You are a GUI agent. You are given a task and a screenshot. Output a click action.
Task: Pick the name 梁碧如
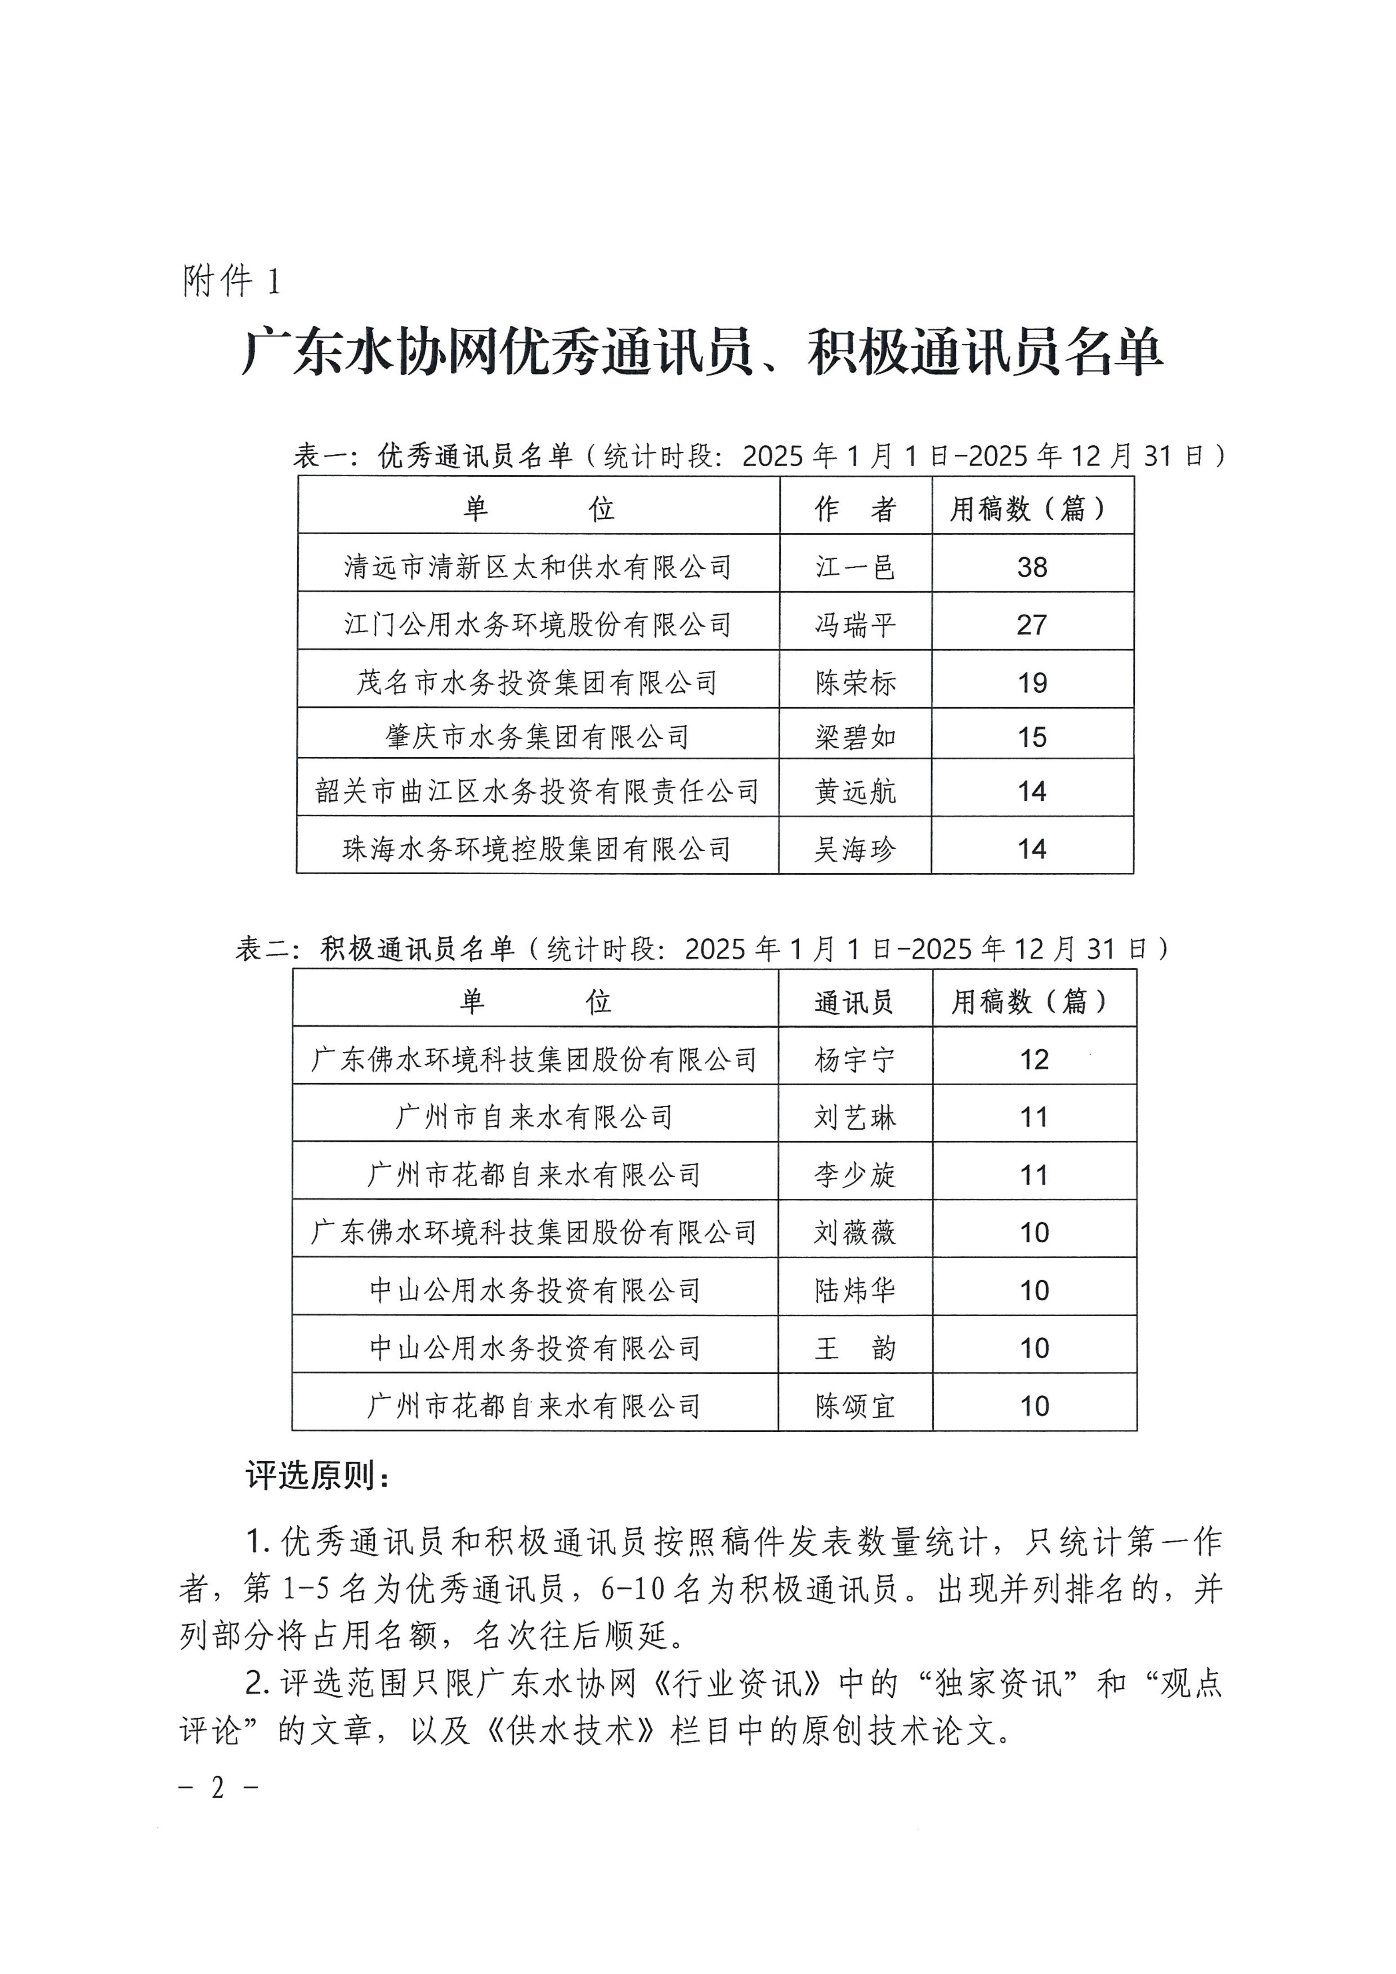click(x=855, y=737)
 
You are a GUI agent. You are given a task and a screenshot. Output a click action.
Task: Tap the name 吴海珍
click(x=855, y=850)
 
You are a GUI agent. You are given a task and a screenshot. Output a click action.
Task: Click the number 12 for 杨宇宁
click(x=1034, y=1059)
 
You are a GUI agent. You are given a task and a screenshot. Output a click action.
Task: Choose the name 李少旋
click(x=855, y=1175)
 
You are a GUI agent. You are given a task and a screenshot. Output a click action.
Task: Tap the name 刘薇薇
click(x=855, y=1232)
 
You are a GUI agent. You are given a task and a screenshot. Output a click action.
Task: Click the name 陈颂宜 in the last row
click(x=855, y=1406)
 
